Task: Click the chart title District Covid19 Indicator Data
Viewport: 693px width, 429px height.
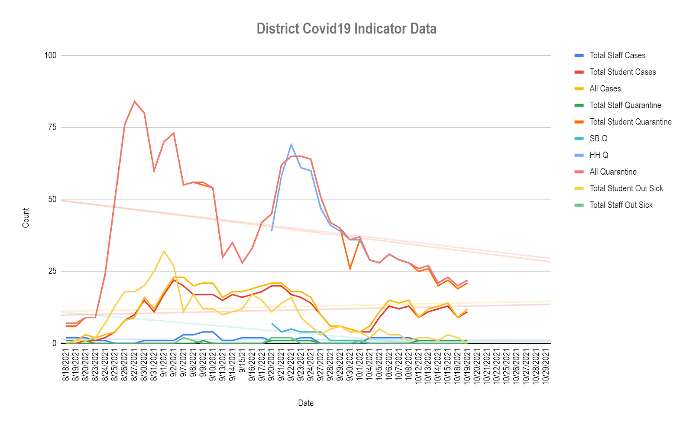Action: tap(346, 29)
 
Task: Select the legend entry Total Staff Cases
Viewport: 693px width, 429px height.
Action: tap(617, 55)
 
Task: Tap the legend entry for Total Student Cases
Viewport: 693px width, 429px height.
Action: tap(622, 72)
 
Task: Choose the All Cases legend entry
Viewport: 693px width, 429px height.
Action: tap(605, 89)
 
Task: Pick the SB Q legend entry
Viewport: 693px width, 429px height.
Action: tap(598, 139)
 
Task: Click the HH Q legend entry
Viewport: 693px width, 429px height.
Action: tap(599, 155)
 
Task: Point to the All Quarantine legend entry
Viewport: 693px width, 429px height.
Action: tap(613, 172)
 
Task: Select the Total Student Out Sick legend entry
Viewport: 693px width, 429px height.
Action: tap(626, 188)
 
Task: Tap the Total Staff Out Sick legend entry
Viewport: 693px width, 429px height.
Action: tap(621, 205)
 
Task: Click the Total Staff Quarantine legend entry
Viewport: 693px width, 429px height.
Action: tap(625, 105)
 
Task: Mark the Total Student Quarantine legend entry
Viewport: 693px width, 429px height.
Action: tap(630, 122)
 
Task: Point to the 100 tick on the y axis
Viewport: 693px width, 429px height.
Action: tap(50, 55)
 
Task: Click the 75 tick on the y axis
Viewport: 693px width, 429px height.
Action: tap(52, 127)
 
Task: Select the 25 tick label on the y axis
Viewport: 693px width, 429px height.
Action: tap(52, 272)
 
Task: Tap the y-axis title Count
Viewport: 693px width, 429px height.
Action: tap(26, 218)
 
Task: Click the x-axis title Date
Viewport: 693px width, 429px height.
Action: tap(306, 403)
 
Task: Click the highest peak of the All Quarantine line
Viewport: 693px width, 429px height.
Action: tap(134, 101)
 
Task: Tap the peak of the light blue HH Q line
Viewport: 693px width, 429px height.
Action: tap(291, 145)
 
